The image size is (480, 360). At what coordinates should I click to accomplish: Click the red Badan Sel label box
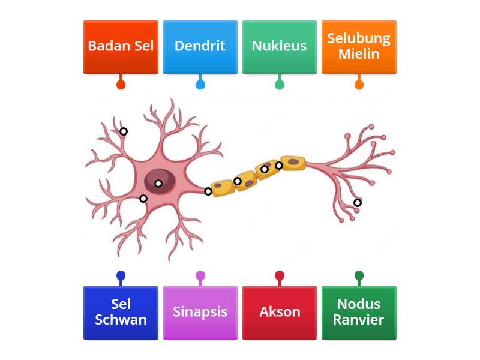(121, 47)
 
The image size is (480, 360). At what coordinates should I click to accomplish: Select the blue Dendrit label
(200, 47)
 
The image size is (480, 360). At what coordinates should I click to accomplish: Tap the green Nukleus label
(279, 47)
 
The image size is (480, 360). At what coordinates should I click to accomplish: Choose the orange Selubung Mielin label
(359, 47)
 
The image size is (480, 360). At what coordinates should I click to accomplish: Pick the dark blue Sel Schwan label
(121, 313)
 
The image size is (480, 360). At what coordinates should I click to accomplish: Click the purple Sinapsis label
(200, 313)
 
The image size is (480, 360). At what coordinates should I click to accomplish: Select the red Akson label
(279, 313)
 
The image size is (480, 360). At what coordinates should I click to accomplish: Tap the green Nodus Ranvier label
(359, 313)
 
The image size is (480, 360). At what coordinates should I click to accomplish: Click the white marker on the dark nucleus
(158, 184)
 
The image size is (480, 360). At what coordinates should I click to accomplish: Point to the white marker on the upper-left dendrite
(123, 131)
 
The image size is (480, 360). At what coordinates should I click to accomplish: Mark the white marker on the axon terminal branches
(358, 203)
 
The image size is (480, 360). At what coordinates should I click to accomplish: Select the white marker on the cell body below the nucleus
(143, 199)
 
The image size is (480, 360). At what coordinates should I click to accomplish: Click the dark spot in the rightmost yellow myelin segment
(293, 161)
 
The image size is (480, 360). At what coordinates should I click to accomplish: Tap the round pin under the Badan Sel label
(121, 85)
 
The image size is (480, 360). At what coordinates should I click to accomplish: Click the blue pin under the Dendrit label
(200, 85)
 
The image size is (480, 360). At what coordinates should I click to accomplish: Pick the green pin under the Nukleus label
(279, 85)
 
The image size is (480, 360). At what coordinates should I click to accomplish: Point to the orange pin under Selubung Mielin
(359, 85)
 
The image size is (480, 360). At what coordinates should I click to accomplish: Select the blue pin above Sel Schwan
(121, 276)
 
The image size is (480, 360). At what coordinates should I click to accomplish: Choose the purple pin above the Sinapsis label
(200, 276)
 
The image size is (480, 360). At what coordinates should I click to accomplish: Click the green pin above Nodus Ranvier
(359, 276)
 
